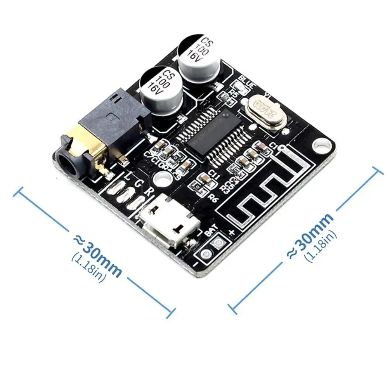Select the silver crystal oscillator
267,109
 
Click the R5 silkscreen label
234,92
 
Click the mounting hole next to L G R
162,178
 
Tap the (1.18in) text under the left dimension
88,268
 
